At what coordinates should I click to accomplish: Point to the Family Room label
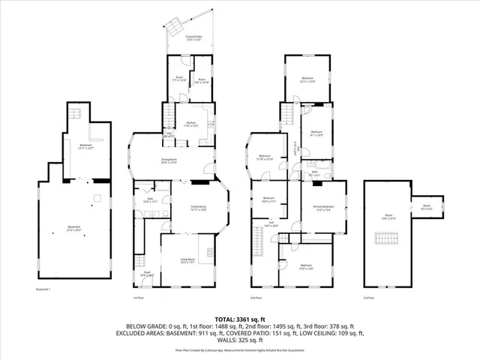click(198, 209)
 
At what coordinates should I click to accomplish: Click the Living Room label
click(187, 260)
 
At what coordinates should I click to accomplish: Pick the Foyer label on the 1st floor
click(148, 274)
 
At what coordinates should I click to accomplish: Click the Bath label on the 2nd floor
click(315, 173)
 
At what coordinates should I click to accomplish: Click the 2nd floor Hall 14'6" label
click(271, 223)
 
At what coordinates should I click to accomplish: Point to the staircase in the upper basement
click(75, 114)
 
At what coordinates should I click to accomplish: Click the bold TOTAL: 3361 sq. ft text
click(239, 319)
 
